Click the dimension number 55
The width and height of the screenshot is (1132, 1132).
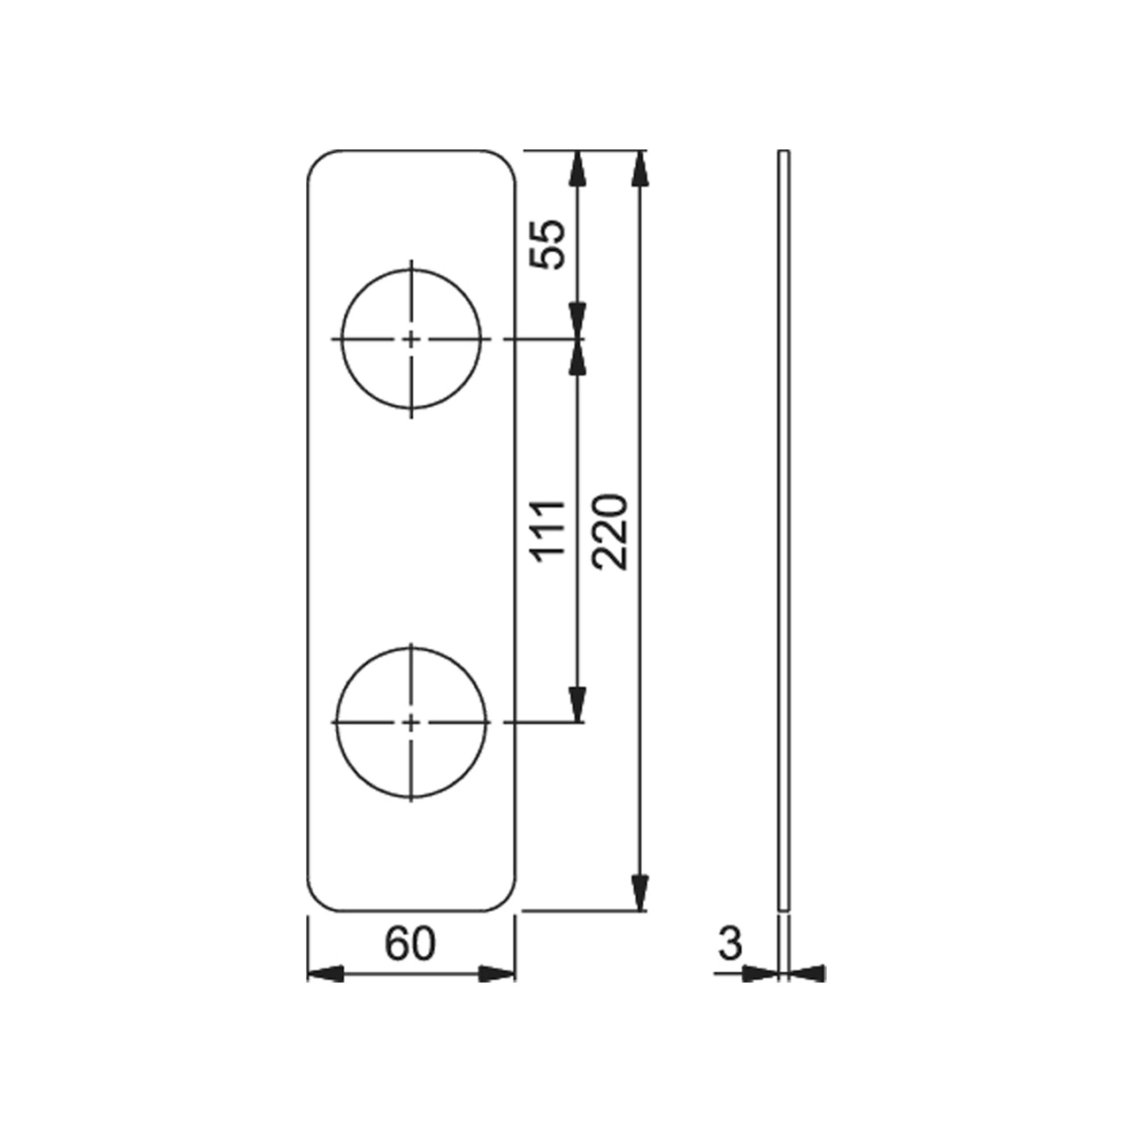click(x=547, y=244)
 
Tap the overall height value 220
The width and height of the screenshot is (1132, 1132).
click(x=610, y=532)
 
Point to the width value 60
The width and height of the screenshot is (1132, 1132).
click(x=410, y=944)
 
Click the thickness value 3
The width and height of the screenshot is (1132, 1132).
click(x=730, y=944)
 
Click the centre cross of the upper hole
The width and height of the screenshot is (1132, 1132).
click(x=411, y=339)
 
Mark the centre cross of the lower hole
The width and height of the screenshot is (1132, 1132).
click(x=411, y=722)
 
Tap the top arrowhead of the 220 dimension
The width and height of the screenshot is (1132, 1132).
click(x=640, y=169)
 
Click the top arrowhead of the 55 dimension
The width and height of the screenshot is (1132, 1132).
click(x=578, y=169)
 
